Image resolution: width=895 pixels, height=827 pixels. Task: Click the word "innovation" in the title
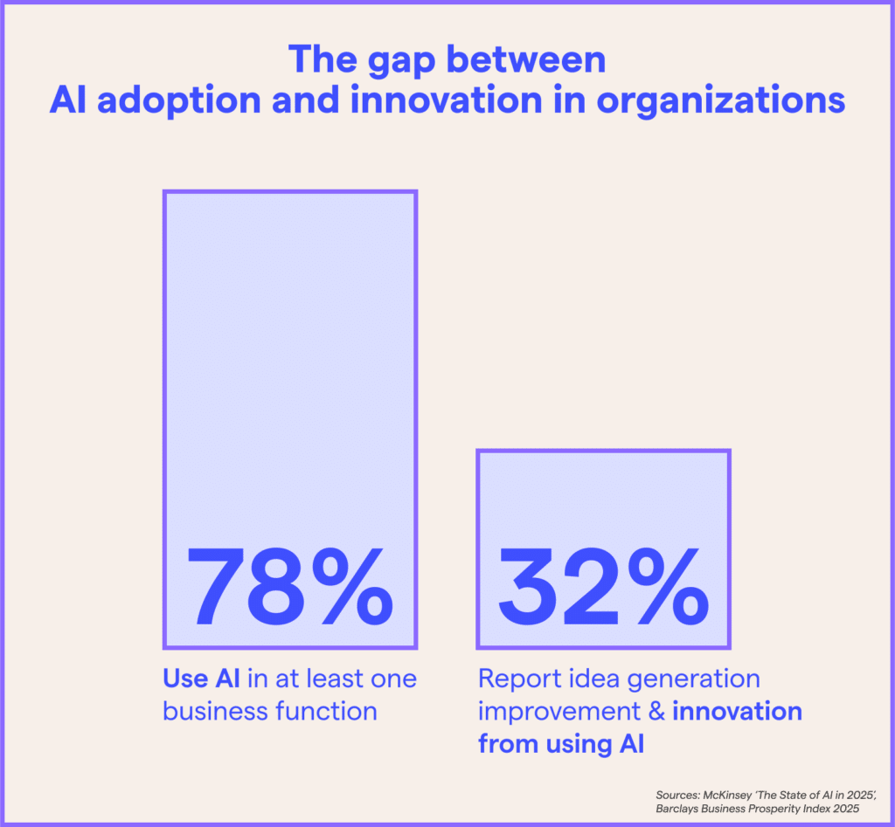454,101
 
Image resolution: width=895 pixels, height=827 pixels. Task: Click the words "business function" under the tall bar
270,710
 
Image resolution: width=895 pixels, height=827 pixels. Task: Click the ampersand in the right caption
656,711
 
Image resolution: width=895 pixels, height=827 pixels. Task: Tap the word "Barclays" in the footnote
678,810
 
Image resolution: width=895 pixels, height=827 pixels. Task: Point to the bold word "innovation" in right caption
737,711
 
